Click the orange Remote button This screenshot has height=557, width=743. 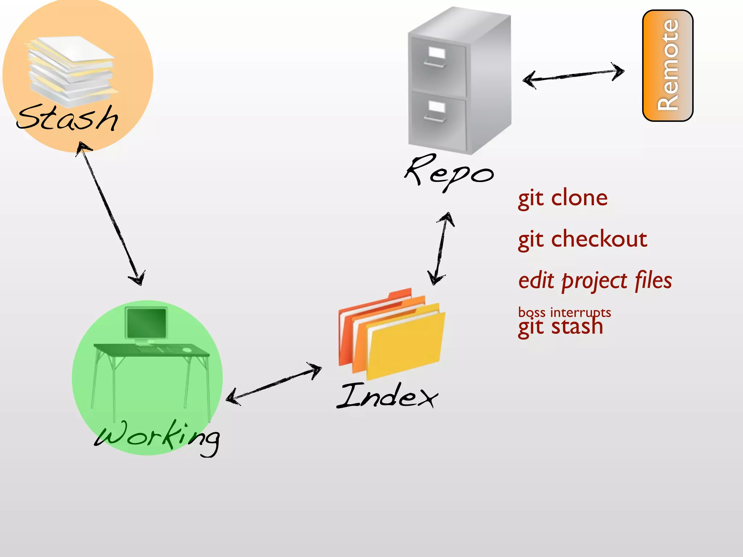coord(668,66)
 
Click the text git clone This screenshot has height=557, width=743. coord(563,198)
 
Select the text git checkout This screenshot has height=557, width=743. coord(582,239)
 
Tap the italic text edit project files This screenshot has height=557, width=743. coord(595,281)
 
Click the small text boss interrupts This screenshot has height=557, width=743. coord(565,312)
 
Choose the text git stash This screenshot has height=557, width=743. coord(561,327)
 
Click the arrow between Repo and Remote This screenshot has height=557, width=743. coord(573,75)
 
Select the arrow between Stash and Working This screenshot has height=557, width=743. coord(111,214)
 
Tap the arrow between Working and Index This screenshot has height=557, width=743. coord(274,384)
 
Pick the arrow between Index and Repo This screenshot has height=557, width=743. coord(441,249)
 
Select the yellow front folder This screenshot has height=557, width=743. coord(405,344)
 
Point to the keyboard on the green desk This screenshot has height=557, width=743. coord(154,350)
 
